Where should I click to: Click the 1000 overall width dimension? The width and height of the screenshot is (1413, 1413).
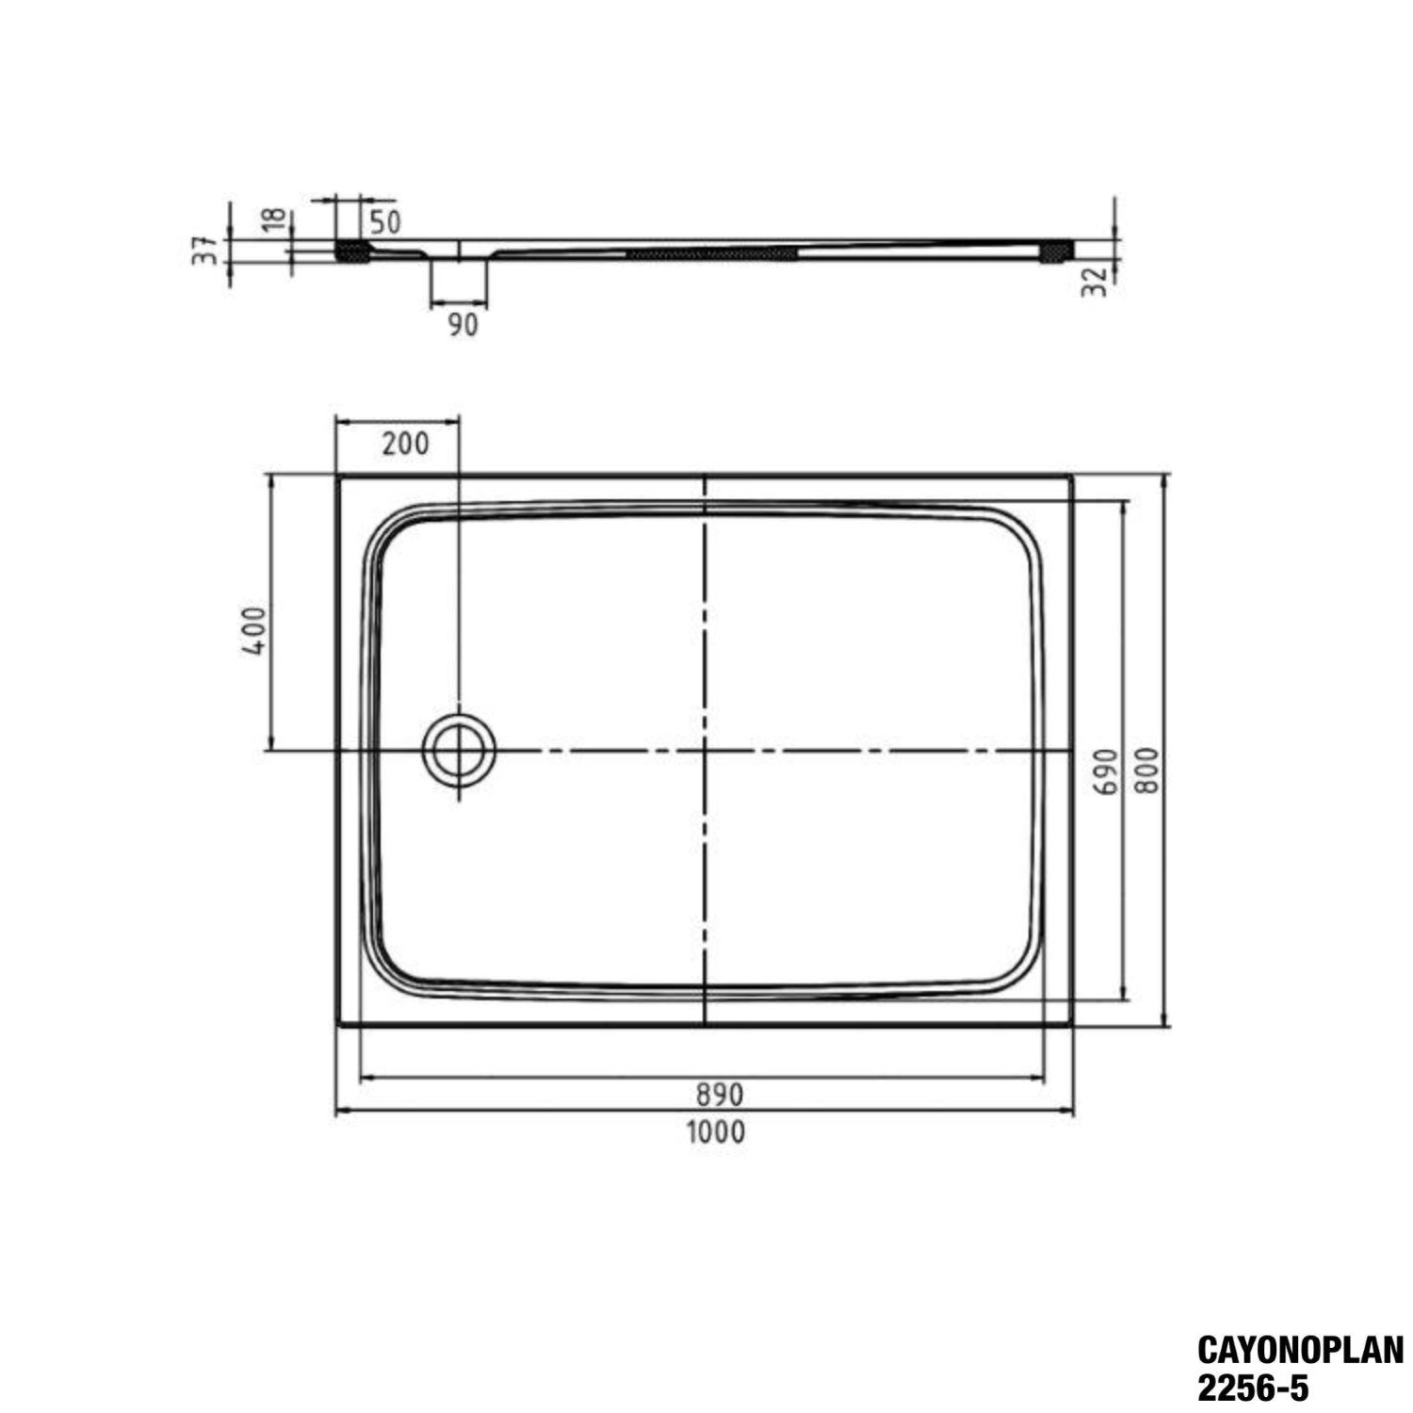point(715,1130)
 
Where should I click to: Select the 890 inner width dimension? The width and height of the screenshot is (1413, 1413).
point(720,1094)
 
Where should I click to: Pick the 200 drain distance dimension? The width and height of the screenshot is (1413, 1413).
point(405,443)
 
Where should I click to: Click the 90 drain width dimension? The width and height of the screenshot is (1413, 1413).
point(462,325)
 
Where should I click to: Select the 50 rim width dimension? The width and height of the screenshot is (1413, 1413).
point(384,222)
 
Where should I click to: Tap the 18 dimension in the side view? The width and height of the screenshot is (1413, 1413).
point(274,219)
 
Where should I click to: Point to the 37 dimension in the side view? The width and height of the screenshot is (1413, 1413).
point(205,250)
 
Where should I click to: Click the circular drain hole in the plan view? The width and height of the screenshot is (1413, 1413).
point(459,751)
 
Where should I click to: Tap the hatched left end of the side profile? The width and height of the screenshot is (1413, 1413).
point(353,252)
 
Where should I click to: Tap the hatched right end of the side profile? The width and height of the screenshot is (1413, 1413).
point(1054,252)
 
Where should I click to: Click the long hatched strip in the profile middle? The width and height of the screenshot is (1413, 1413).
point(712,252)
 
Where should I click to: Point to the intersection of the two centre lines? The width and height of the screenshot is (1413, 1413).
point(705,751)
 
